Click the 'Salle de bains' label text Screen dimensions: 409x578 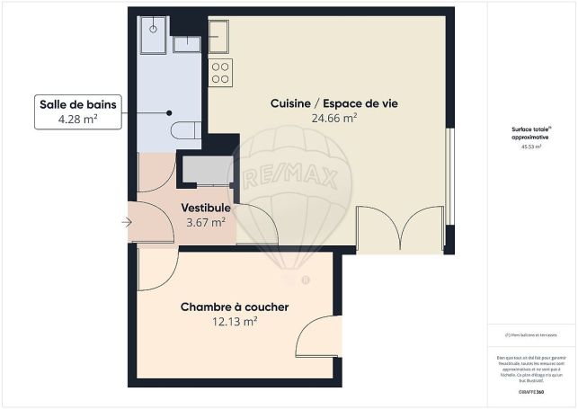[77, 104]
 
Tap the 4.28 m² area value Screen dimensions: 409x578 [77, 120]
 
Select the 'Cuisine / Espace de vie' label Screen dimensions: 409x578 [334, 103]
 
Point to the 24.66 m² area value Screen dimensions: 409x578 [334, 118]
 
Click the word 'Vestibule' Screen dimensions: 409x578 [206, 208]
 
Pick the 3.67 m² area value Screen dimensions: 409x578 [206, 222]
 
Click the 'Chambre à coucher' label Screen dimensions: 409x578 [235, 307]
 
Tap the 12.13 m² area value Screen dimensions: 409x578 [235, 321]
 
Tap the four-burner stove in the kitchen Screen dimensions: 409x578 [221, 73]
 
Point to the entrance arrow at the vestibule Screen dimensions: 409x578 [125, 221]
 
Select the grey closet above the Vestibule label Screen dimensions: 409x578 [207, 170]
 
